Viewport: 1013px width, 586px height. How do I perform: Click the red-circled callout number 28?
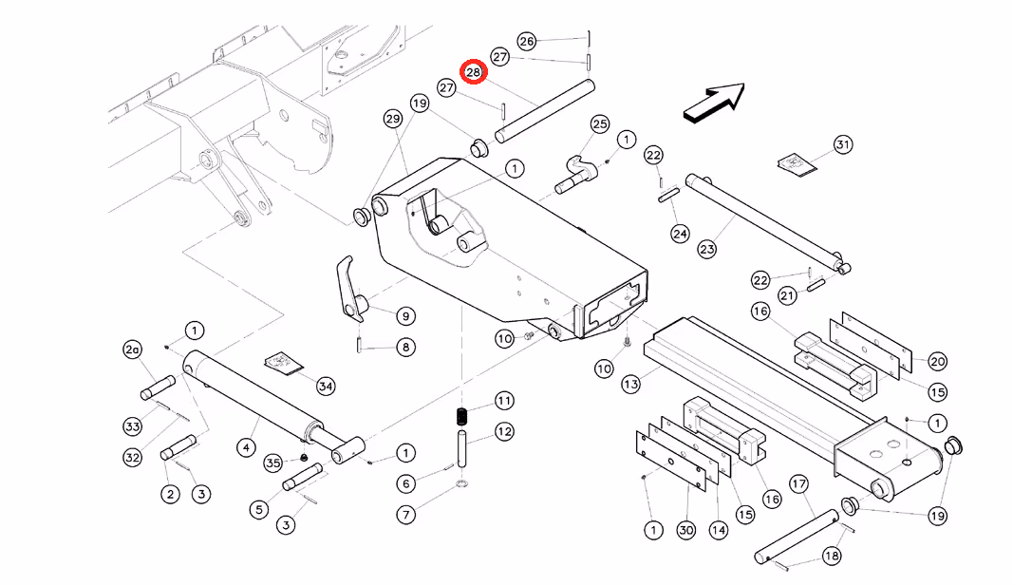click(474, 72)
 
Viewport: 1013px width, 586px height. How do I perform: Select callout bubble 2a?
click(132, 350)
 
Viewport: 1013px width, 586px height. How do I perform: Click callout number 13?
click(630, 385)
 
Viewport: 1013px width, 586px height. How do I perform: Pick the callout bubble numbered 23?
click(706, 249)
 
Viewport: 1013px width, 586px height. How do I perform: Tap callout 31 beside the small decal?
click(842, 144)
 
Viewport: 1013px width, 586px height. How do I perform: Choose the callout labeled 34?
click(326, 387)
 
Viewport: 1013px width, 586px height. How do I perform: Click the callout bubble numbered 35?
click(273, 463)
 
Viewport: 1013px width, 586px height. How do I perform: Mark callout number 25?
click(599, 124)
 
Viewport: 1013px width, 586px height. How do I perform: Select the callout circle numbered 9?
click(405, 316)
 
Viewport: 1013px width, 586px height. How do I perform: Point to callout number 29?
click(393, 119)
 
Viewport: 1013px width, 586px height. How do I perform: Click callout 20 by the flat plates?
click(937, 361)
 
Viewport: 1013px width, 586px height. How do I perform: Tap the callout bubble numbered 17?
click(799, 484)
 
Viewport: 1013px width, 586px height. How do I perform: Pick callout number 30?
click(686, 530)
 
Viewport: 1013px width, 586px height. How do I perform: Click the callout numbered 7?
click(405, 514)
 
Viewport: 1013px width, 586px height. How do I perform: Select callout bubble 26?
click(527, 42)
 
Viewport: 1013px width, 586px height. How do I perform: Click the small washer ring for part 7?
click(462, 484)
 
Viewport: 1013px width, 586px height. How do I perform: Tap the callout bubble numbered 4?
click(246, 447)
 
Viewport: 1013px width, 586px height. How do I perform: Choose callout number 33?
click(132, 426)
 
